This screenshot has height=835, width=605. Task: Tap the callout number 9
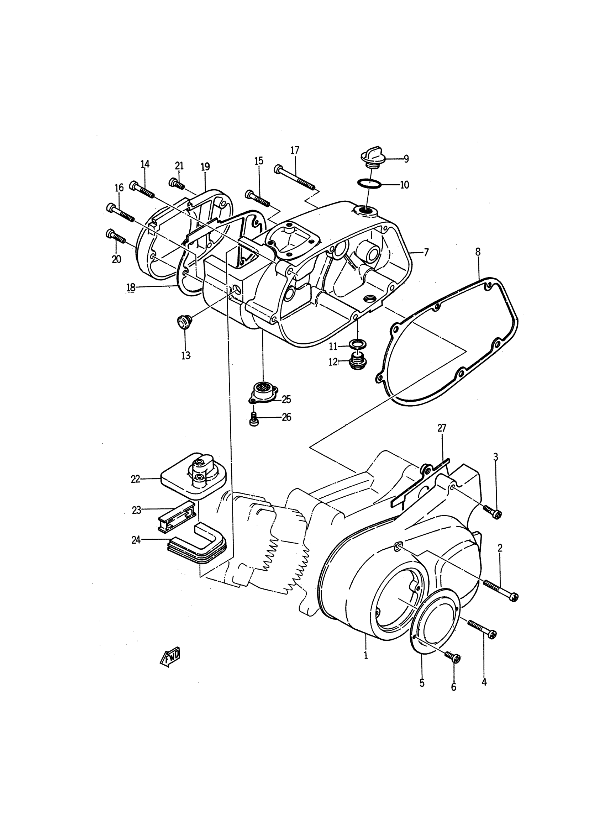[x=406, y=159]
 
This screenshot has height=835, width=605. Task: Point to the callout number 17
[x=295, y=150]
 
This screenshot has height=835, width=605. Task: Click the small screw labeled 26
[x=254, y=419]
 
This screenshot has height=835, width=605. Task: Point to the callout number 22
[x=136, y=479]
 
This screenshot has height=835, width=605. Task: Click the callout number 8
[x=478, y=252]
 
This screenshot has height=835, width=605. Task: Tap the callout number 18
[x=131, y=287]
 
